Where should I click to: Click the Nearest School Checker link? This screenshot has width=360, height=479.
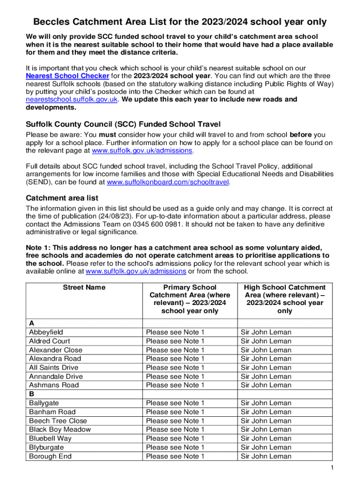pos(67,76)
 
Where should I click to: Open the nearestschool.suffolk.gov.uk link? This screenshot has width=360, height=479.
pos(72,100)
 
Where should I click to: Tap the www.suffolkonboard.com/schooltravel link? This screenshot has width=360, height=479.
pos(168,182)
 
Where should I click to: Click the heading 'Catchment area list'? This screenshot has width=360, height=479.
pos(62,198)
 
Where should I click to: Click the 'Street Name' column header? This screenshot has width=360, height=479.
pos(84,287)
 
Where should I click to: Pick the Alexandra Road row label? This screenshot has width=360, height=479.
pos(55,359)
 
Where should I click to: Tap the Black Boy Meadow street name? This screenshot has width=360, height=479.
pos(60,429)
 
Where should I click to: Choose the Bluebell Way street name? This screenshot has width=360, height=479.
pos(50,438)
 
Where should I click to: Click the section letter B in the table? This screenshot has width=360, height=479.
pos(31,394)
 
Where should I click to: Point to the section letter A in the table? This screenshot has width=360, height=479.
pos(31,323)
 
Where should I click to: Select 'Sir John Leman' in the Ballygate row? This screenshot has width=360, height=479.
pos(266,403)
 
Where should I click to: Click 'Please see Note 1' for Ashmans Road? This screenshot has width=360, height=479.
pos(175,385)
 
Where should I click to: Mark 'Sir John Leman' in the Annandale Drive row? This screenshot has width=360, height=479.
pos(266,376)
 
